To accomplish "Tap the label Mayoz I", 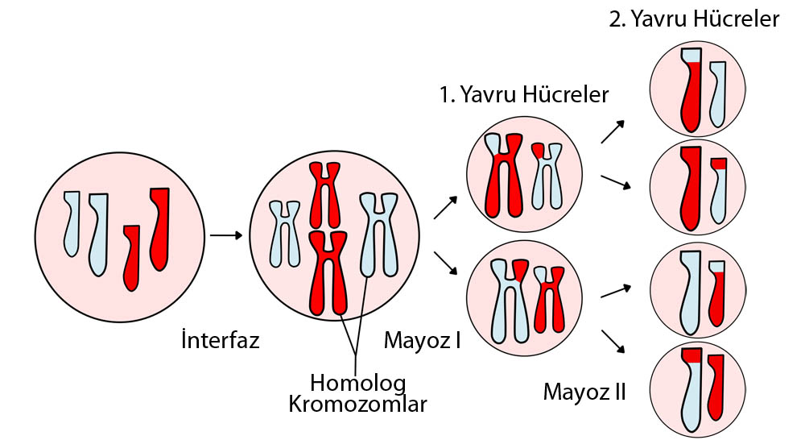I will pos(422,340).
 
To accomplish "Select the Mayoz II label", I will pos(584,392).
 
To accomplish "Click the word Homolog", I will pos(358,381).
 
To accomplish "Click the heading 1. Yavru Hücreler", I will pos(524,94).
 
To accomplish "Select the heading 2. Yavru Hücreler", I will pos(694,19).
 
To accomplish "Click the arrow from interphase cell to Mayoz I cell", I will pos(225,235).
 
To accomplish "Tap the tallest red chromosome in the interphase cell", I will pos(160,229).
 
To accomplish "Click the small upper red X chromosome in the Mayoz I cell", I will pos(324,194).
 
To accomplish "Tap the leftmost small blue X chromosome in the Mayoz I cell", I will pos(283,233).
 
